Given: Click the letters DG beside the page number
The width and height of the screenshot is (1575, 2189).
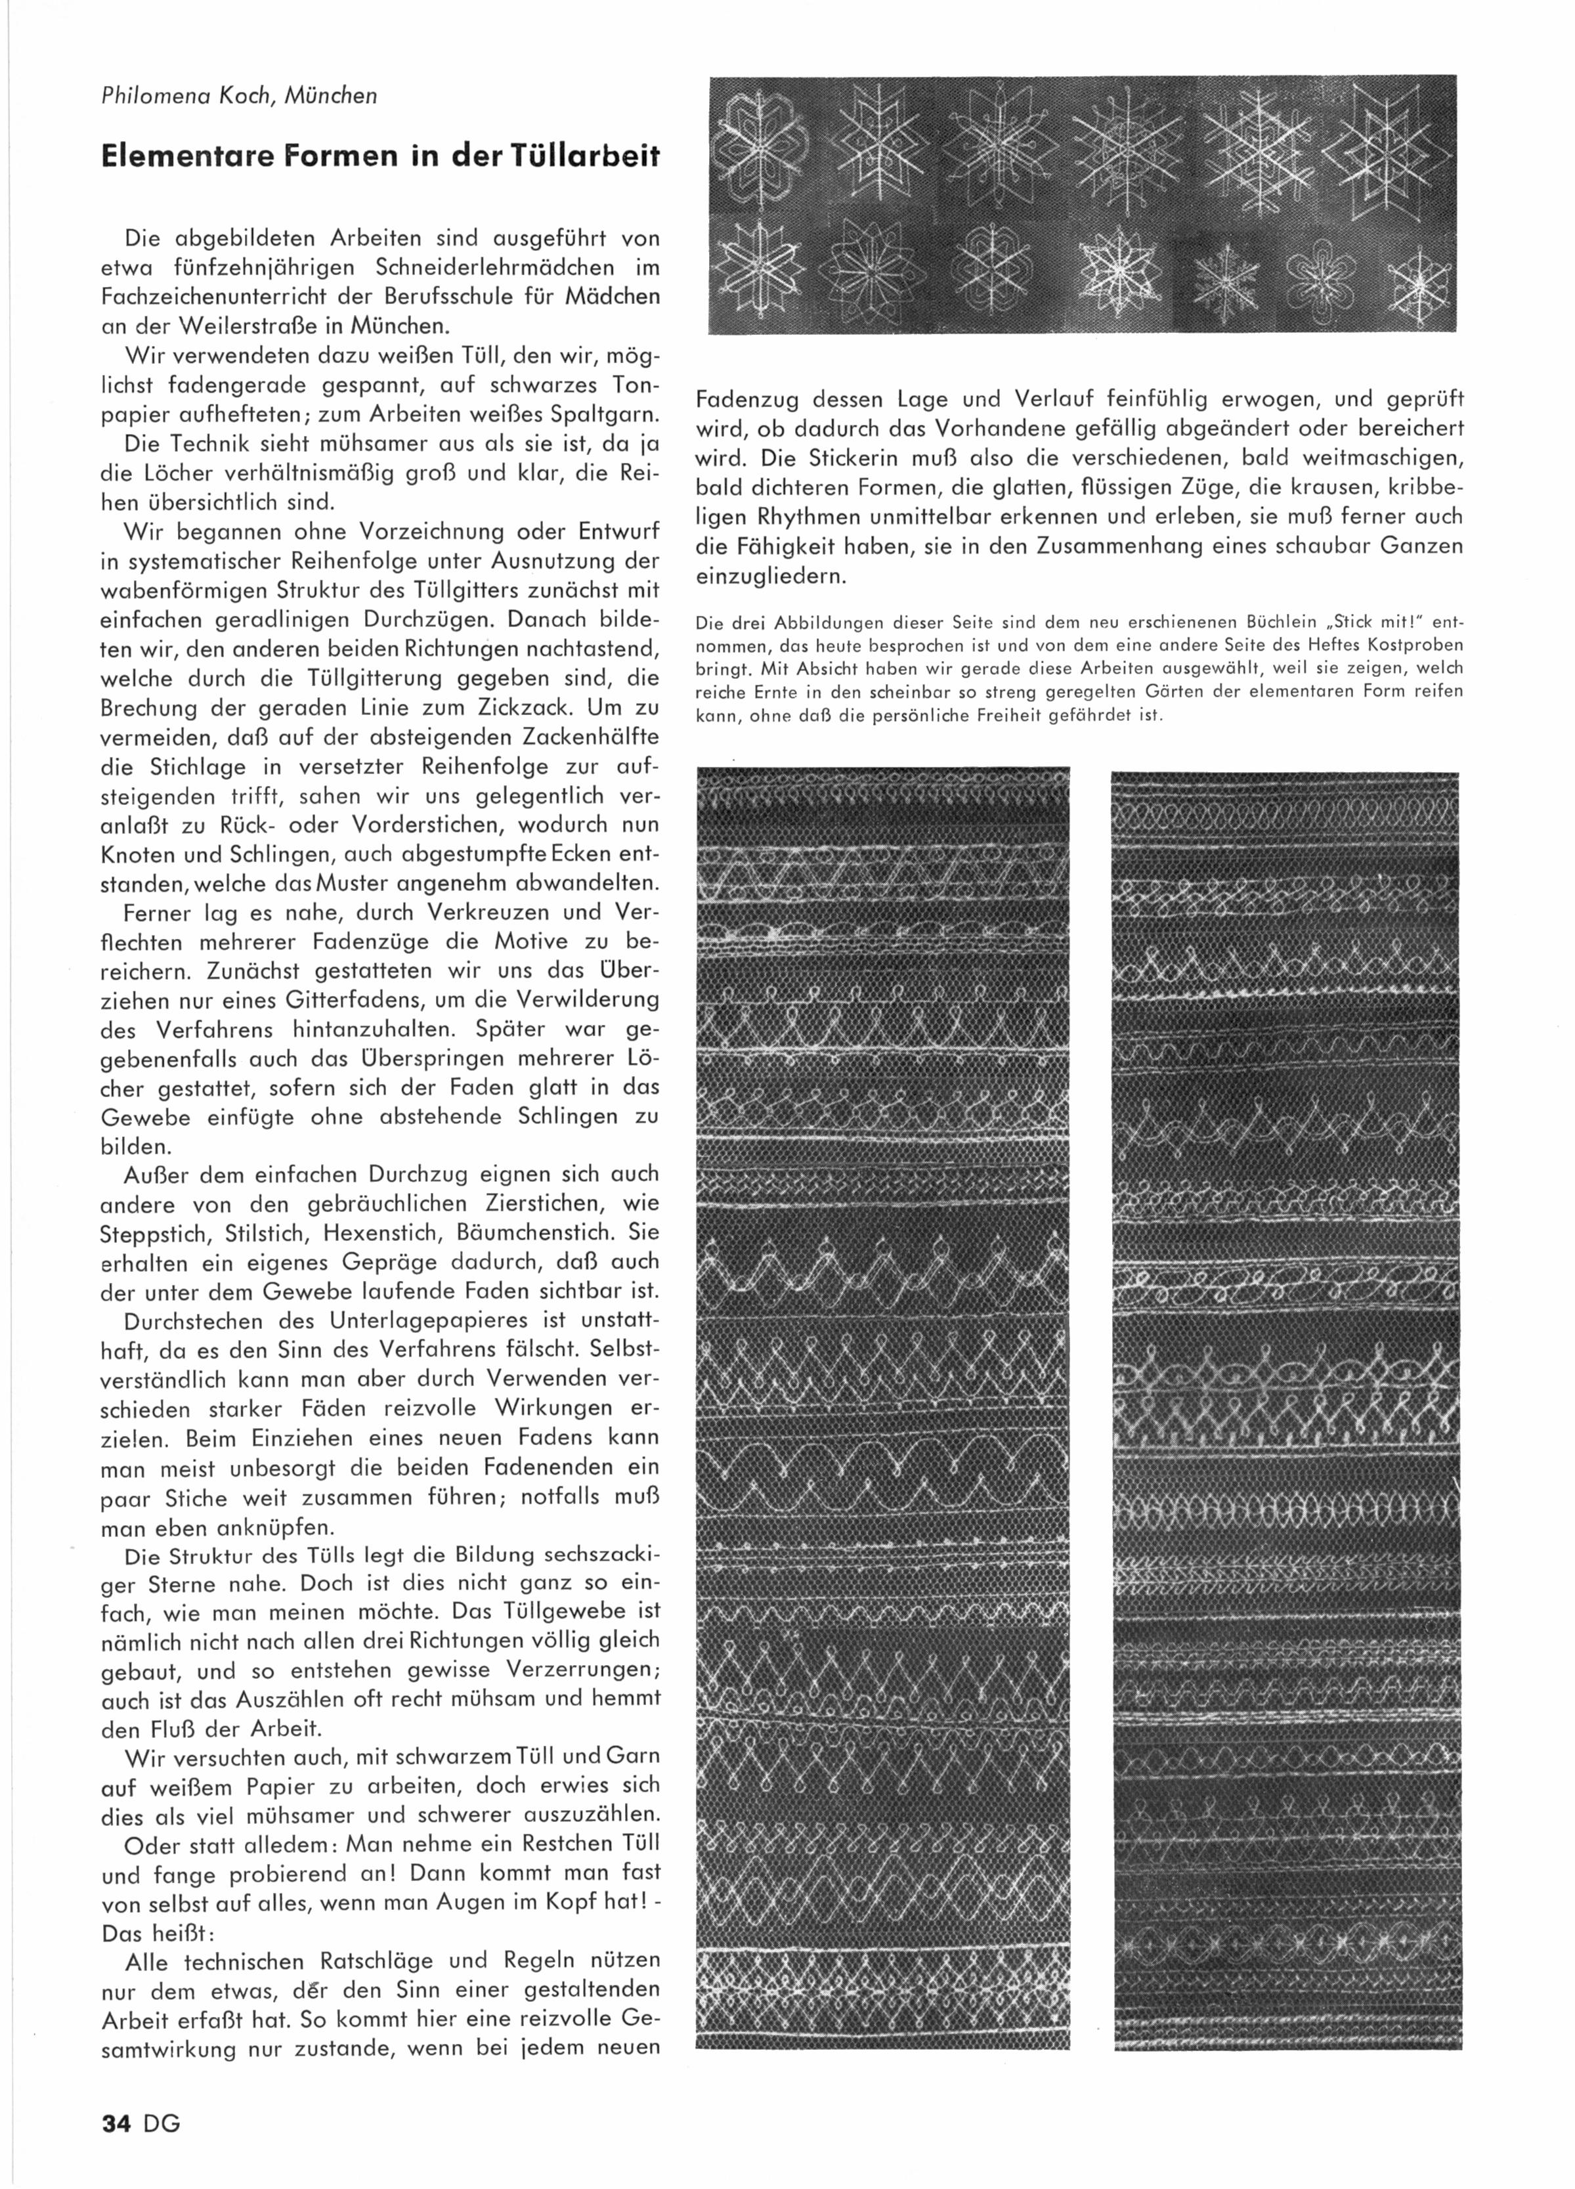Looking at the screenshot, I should pos(162,2123).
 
